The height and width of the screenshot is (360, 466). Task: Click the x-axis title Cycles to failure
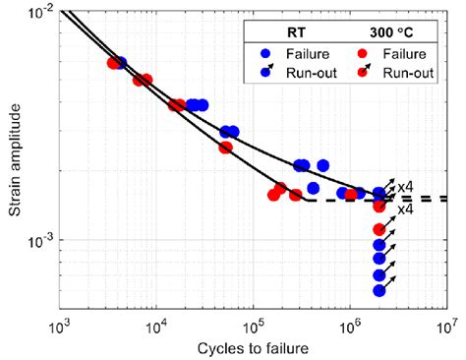click(254, 348)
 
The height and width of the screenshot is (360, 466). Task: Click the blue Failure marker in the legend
click(264, 55)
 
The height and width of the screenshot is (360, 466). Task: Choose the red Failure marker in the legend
click(363, 55)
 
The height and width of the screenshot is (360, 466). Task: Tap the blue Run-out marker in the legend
click(264, 73)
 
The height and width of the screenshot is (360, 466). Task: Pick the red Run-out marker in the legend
click(363, 73)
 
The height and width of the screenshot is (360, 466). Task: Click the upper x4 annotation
click(404, 185)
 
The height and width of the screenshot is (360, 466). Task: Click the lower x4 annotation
click(404, 210)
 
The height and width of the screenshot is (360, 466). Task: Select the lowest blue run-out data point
click(379, 290)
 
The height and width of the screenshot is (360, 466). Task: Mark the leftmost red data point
click(113, 63)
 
